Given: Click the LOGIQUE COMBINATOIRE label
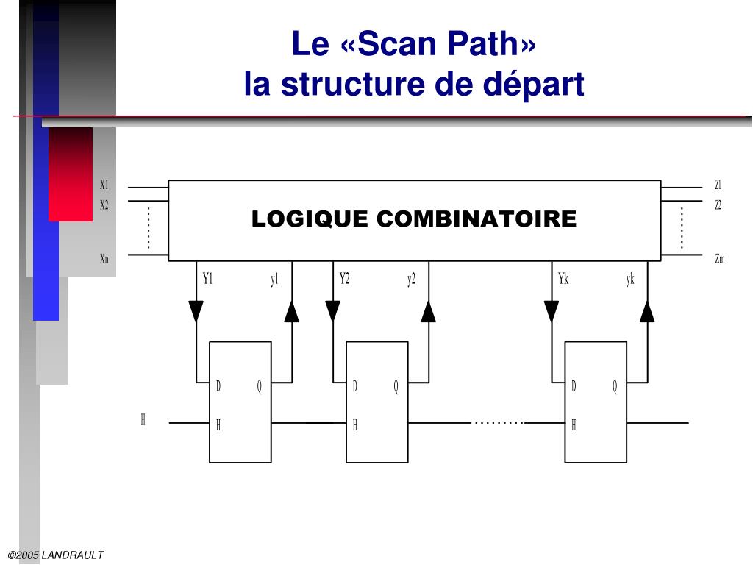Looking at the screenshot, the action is [414, 219].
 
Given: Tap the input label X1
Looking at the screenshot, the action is [104, 185].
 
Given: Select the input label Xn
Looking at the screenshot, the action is [104, 258].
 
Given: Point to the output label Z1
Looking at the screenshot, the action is [718, 185].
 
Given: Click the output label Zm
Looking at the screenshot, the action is [719, 258].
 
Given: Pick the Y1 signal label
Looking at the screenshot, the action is [207, 279].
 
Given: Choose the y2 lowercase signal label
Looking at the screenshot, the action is [411, 279].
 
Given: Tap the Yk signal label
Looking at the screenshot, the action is [564, 279].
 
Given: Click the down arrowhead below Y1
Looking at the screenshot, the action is [196, 311].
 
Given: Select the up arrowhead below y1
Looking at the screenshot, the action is [292, 311].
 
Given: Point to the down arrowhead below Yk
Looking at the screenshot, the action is [552, 311].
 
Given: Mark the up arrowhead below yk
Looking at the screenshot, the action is [647, 311].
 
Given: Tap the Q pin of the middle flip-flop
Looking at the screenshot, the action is [396, 387].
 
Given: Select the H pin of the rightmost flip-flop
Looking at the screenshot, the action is [574, 425].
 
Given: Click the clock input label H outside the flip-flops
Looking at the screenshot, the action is [143, 420].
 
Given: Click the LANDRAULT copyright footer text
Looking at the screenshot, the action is [56, 555].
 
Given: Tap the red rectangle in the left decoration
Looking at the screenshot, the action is [71, 174].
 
